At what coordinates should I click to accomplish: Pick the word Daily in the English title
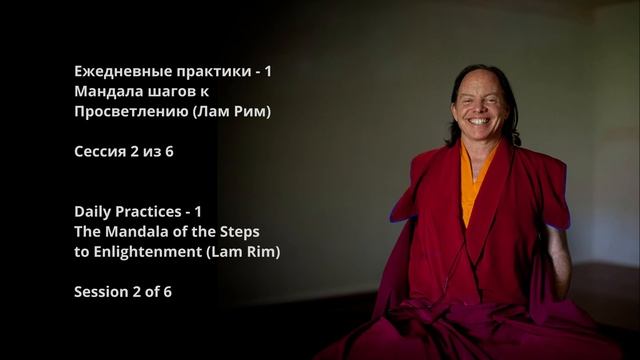[x=93, y=211]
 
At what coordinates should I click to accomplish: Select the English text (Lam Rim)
[x=243, y=251]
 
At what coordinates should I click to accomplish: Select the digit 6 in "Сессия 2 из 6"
[x=183, y=151]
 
